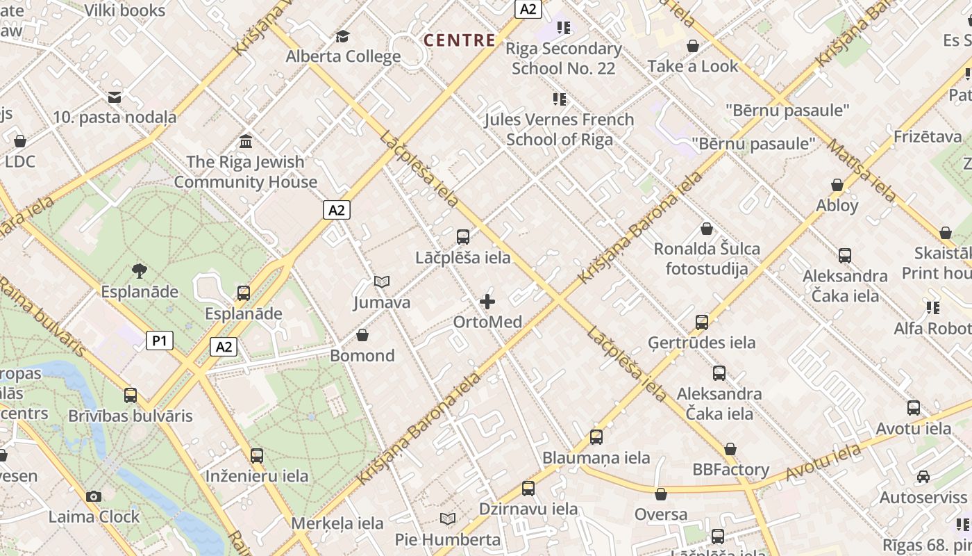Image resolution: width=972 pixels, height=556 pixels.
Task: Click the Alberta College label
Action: pos(343,56)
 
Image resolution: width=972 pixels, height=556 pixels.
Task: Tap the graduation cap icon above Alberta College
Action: pos(343,36)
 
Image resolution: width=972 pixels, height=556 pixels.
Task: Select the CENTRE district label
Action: pos(460,40)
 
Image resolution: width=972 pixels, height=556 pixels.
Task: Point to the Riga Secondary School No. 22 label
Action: pos(563,58)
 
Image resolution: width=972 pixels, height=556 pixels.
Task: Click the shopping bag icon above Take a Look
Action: pos(692,47)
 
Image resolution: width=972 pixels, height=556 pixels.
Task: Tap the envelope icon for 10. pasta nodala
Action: pos(115,97)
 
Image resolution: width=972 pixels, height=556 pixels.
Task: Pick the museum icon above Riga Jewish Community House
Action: pos(245,142)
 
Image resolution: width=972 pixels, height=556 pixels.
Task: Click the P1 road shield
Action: pos(160,341)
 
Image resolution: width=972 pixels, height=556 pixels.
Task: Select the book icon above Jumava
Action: pos(382,281)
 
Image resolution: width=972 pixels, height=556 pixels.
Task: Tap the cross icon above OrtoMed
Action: pos(487,302)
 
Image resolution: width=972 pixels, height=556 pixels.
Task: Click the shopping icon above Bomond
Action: pos(362,336)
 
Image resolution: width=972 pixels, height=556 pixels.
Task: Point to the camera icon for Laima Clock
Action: pos(94,496)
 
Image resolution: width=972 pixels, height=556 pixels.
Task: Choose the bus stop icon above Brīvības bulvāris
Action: pos(131,395)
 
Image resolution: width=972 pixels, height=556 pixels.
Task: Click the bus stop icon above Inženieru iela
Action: pos(257,456)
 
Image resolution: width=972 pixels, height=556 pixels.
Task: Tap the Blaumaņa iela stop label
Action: pos(596,457)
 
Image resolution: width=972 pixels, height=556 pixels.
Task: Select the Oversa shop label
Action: pos(661,514)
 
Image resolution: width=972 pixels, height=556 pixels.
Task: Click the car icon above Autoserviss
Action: pos(923,477)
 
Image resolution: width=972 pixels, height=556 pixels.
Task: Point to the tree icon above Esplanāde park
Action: pos(140,271)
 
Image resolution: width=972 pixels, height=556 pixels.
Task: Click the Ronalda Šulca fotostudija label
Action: pos(707,259)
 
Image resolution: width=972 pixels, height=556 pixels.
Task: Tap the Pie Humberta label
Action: pos(448,539)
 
